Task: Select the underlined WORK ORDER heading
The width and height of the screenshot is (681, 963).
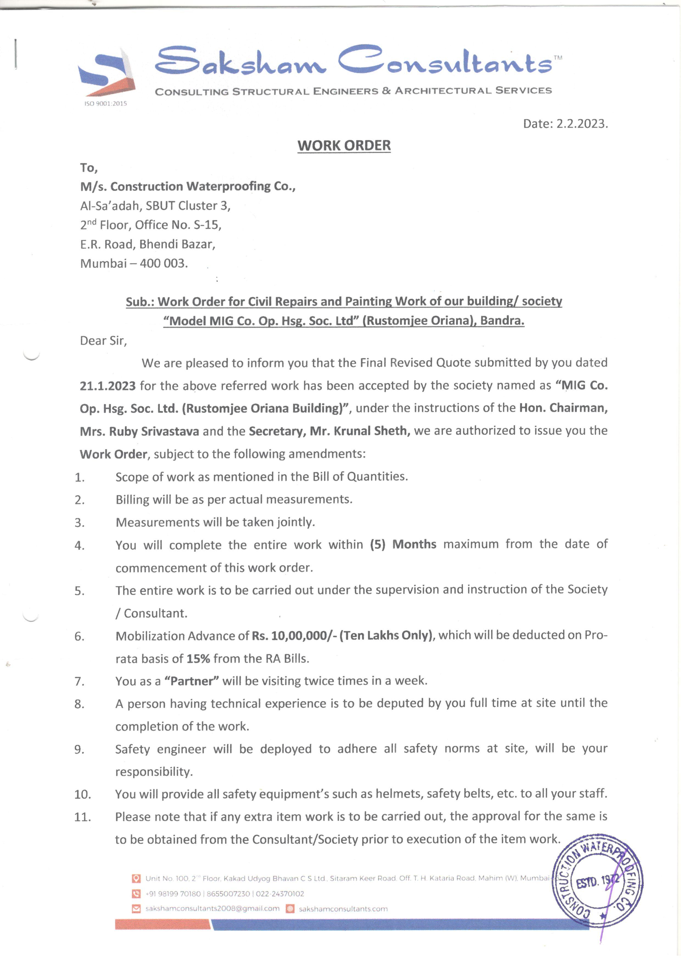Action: click(x=344, y=146)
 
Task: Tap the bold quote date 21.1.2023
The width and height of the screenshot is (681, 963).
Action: click(x=108, y=386)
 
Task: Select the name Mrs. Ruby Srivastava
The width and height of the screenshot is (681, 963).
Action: click(x=140, y=431)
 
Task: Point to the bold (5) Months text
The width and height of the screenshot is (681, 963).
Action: click(x=403, y=545)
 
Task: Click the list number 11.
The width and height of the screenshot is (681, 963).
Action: click(x=82, y=817)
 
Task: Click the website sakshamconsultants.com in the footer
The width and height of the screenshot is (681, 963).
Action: click(x=343, y=909)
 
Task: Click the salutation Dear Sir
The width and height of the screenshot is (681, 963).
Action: click(x=103, y=340)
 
